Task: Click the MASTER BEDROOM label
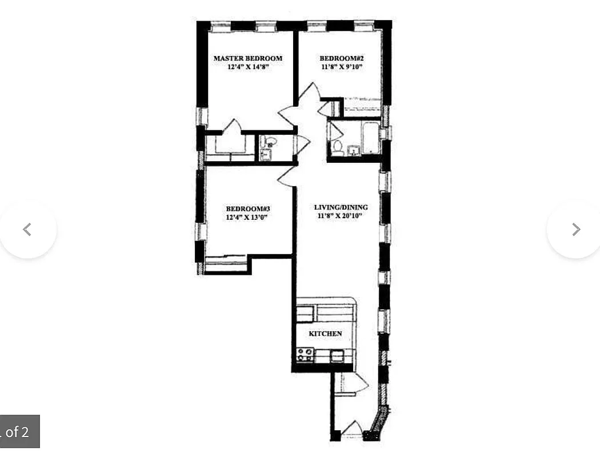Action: [x=247, y=58]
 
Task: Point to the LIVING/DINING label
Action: [x=341, y=207]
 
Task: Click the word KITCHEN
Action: [x=325, y=334]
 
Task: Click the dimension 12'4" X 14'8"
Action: [x=247, y=67]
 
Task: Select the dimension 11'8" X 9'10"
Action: [x=341, y=67]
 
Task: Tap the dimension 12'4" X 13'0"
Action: [x=247, y=217]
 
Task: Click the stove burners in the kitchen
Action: [x=305, y=355]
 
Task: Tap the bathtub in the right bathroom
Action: [x=371, y=138]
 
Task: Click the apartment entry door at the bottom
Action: [x=352, y=430]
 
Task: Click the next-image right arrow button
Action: [x=575, y=229]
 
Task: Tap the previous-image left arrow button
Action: [x=27, y=229]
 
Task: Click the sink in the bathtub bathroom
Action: [x=353, y=150]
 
